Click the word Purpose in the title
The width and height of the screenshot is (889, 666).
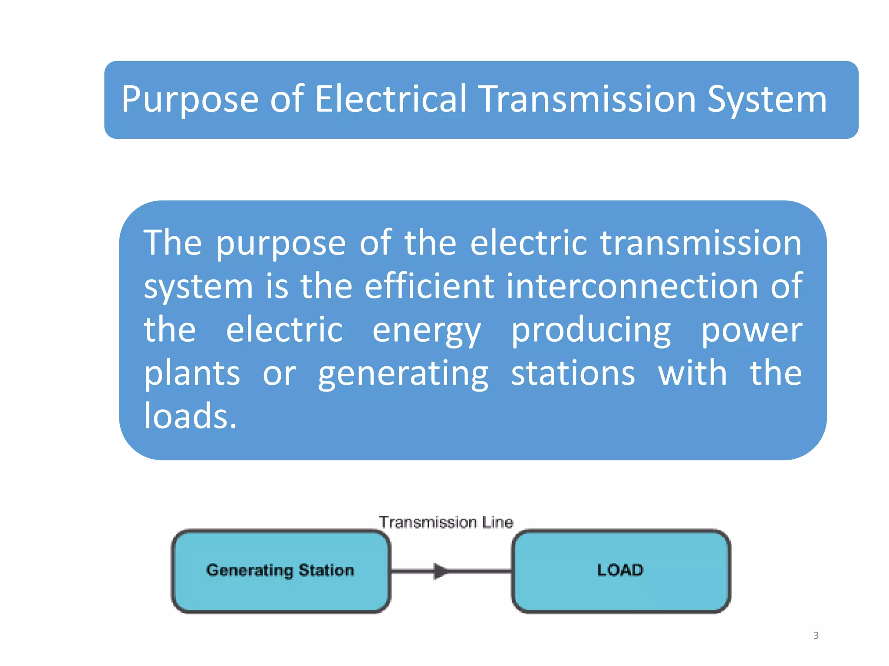point(190,100)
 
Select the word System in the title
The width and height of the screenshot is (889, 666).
point(767,100)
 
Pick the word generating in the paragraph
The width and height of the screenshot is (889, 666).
point(403,374)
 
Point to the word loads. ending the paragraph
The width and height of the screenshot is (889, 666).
point(190,416)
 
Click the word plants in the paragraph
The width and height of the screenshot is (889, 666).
point(192,374)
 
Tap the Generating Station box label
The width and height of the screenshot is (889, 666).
point(280,570)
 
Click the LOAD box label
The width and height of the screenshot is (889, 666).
point(620,570)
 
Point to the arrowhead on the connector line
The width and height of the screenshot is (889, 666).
point(441,571)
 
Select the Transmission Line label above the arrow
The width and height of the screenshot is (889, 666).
point(446,522)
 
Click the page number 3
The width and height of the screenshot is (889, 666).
point(816,636)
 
